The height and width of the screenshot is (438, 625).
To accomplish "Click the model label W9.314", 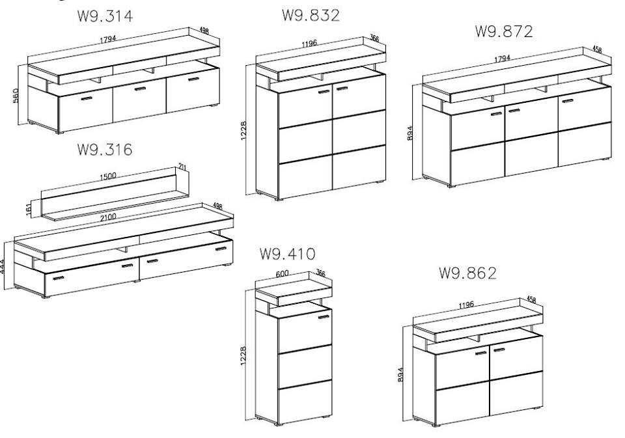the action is click(105, 16).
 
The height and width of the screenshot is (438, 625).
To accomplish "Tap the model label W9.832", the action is click(311, 15).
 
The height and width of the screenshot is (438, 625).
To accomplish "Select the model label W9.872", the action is click(504, 31).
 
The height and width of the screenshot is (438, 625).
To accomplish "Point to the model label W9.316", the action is click(104, 150).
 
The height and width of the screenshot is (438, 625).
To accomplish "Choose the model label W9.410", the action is click(287, 253).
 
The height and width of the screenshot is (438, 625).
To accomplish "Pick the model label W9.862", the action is click(468, 273).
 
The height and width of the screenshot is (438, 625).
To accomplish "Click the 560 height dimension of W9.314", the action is click(16, 96).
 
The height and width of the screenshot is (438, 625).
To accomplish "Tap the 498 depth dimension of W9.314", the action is click(204, 31).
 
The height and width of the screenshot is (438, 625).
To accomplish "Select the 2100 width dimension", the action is click(108, 217).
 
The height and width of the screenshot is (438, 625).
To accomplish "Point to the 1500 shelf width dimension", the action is click(108, 176).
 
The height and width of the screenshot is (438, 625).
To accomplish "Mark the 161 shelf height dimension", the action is click(29, 210).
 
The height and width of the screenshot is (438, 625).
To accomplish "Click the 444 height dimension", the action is click(2, 266).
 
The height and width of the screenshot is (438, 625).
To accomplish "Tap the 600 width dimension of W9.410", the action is click(282, 274).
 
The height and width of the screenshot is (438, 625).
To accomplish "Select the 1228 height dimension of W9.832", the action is click(244, 131).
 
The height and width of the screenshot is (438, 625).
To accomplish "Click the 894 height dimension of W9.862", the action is click(400, 375).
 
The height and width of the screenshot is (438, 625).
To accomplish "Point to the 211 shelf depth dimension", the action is click(182, 166).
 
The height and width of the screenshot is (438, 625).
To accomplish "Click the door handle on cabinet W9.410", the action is click(324, 317).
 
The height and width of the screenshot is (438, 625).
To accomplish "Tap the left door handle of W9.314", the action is click(87, 98).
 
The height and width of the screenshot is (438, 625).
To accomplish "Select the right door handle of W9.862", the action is click(499, 350).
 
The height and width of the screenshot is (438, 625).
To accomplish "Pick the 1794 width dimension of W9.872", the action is click(502, 59).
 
